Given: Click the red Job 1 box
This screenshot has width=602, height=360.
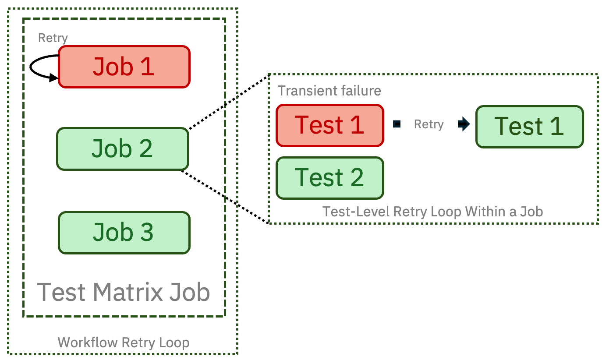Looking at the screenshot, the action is pos(124,67).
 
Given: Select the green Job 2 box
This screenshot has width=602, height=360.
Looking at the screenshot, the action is pos(123,149).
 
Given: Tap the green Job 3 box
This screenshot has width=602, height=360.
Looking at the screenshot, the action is pos(124,233).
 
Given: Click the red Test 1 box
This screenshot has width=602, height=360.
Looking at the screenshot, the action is pos(330,125).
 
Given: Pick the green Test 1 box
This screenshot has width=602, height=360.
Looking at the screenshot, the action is pos(529,127).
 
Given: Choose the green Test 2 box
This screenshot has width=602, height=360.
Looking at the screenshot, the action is pos(330,178).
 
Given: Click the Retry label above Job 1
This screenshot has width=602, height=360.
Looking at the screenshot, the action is pos(53,38).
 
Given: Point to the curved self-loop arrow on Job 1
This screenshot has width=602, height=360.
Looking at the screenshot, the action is pos(30,67).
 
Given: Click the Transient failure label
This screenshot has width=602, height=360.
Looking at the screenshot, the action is pos(329,91).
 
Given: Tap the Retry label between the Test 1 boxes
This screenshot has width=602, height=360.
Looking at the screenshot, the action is pos(429,124).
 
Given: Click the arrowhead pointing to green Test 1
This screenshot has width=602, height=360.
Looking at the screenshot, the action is pos(464,124).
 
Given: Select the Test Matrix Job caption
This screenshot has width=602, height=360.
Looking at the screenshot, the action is pos(124,292).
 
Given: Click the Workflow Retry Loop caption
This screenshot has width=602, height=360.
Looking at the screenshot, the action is pos(124,342).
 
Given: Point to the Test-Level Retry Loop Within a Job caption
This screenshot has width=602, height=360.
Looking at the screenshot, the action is pos(433,212).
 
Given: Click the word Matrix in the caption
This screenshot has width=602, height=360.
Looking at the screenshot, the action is pos(128,292).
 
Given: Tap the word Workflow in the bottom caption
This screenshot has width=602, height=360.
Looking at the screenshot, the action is pos(88,342).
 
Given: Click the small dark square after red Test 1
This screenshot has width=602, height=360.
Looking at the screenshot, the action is pos(397,124).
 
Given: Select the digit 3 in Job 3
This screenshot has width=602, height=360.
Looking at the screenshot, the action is pos(147,232).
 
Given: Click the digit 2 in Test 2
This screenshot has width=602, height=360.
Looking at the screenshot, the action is pos(357,177).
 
